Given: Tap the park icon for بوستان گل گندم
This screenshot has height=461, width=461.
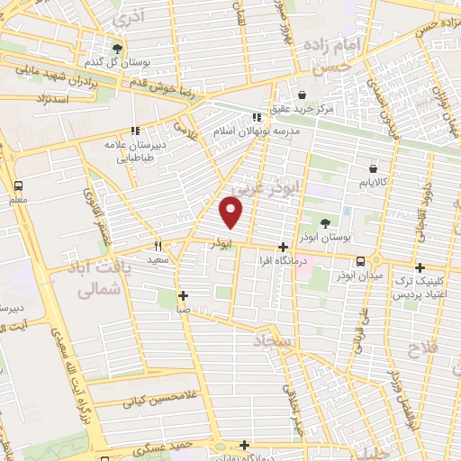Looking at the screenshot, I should pos(117,49).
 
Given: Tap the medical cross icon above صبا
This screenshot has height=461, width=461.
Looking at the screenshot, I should pos(183,295).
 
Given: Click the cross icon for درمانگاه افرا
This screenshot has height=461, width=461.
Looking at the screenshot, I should pos(284,246).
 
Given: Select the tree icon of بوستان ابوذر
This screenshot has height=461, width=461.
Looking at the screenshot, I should pos(324,223).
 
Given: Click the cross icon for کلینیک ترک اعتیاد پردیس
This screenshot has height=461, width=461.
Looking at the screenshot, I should pos(420,267).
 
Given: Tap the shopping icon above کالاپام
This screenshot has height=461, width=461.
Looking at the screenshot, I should pos(373,168).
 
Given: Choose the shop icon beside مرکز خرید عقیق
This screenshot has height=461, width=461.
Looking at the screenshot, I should pos(301,95).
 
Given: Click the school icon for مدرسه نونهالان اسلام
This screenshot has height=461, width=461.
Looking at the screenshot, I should pos(258,116).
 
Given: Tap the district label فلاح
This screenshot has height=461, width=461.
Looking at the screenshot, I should pos(423,348).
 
